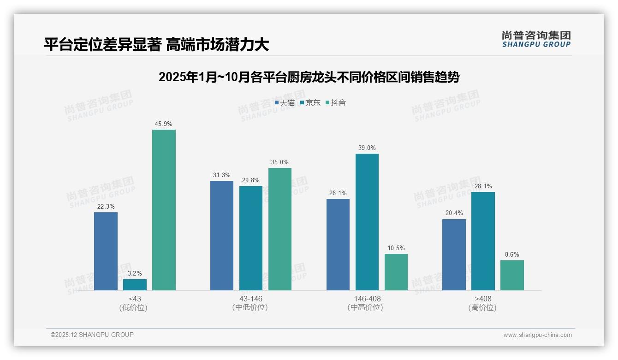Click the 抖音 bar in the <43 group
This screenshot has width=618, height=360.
coord(164,210)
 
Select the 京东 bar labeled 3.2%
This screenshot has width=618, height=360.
coord(135,285)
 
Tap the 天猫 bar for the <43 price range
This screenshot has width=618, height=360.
coord(106,251)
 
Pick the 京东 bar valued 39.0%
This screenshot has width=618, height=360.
coord(367,222)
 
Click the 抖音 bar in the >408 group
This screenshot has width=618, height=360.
coord(512,275)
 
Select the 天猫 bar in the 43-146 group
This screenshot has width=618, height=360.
coord(222,235)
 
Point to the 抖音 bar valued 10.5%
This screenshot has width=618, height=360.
coord(396,272)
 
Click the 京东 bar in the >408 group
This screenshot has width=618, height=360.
coord(483,241)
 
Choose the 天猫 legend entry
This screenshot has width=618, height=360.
coord(285,103)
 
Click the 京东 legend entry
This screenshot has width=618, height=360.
coord(310,103)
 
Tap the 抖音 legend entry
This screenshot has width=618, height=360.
coord(336,103)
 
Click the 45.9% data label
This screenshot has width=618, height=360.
coord(164,124)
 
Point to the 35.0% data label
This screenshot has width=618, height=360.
coord(280,162)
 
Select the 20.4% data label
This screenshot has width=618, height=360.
coord(454,213)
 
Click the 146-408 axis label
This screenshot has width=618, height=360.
coord(367,299)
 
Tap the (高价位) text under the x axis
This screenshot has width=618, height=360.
coord(482,308)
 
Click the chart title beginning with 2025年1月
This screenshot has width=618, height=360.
coord(309,77)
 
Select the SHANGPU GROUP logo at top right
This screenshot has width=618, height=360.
coord(536,39)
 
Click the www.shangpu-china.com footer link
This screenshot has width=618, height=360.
coord(537,335)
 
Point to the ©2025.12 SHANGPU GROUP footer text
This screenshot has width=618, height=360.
coord(92,335)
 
